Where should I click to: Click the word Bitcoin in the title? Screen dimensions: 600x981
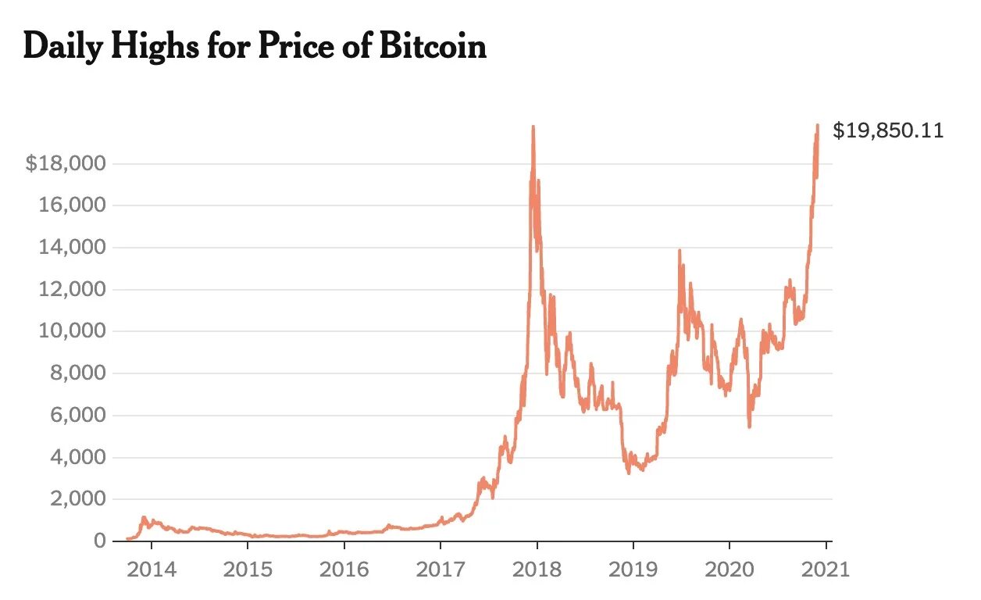point(433,47)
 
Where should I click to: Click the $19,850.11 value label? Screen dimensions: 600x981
point(888,130)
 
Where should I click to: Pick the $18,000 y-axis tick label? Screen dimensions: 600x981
point(66,164)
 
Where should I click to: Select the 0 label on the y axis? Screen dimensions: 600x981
point(99,541)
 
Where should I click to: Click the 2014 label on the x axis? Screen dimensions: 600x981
point(152,569)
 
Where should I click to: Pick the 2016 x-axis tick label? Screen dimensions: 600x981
point(344,569)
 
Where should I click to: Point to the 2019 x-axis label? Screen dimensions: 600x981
point(633,569)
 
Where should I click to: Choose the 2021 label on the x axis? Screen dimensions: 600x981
point(826,569)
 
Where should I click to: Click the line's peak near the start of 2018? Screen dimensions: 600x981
point(533,127)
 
